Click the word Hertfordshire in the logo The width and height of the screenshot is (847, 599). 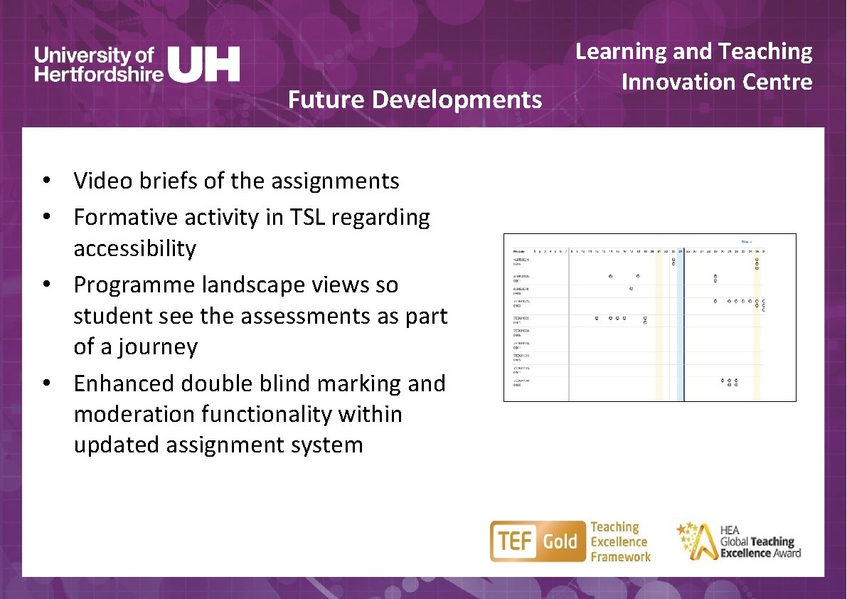pyautogui.click(x=99, y=73)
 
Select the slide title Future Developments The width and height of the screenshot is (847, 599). pyautogui.click(x=415, y=100)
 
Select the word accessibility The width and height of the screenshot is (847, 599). pyautogui.click(x=134, y=249)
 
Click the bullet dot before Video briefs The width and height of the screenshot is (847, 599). pyautogui.click(x=45, y=182)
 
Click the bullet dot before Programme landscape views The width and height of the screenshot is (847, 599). pyautogui.click(x=45, y=285)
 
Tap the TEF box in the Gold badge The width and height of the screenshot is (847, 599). pyautogui.click(x=512, y=542)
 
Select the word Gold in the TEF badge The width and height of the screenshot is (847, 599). pyautogui.click(x=560, y=542)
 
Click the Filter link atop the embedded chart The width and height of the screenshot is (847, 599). pyautogui.click(x=746, y=241)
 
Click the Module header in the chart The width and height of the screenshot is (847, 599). pyautogui.click(x=521, y=251)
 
